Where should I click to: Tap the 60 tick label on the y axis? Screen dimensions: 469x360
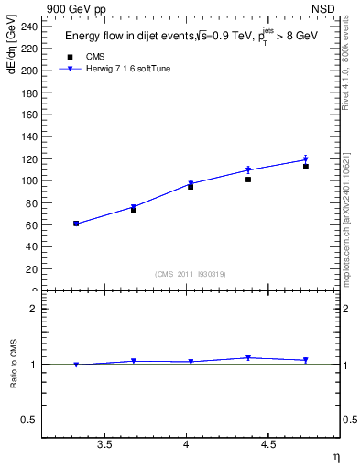click(31, 224)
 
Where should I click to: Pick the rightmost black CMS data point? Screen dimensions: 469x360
click(306, 166)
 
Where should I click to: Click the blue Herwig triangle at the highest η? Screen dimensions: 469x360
click(306, 159)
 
